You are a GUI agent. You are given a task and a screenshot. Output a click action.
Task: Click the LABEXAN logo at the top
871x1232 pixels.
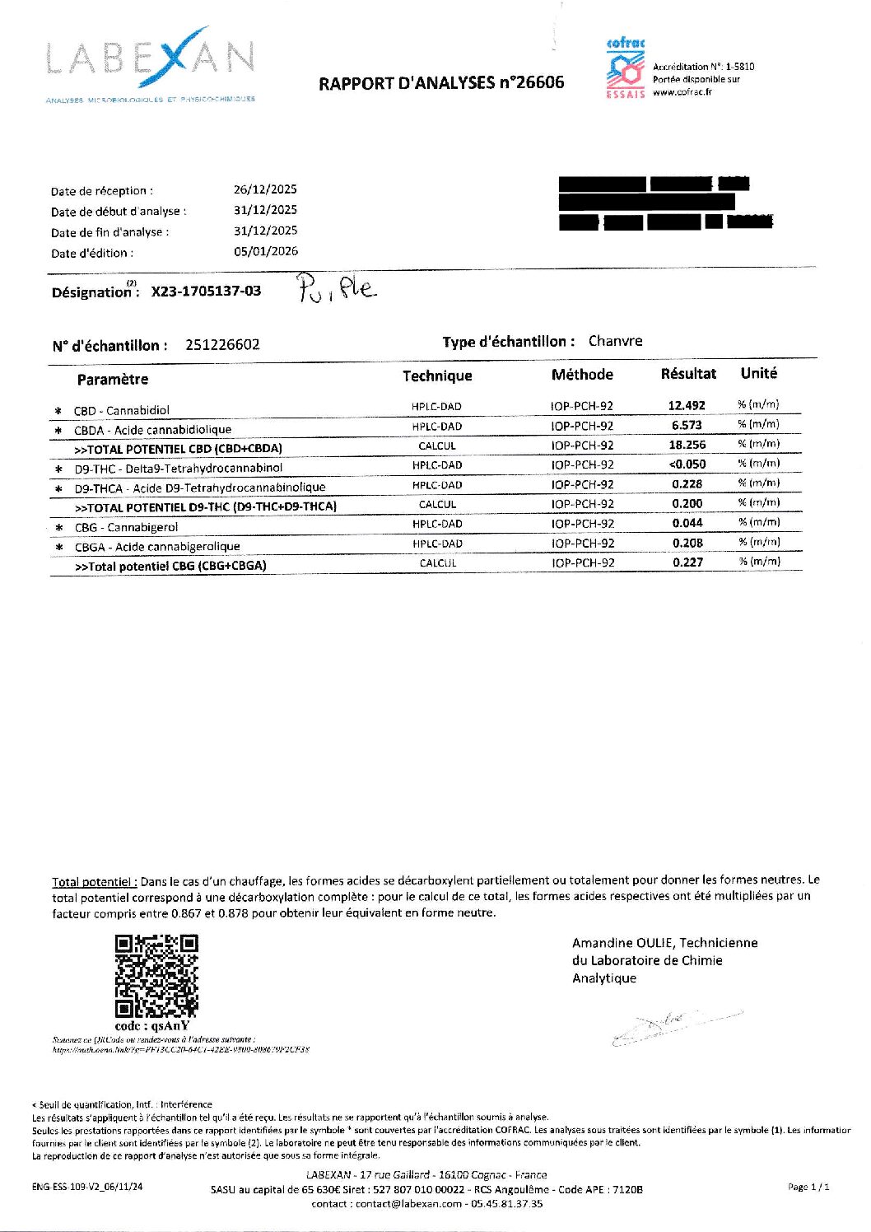(151, 63)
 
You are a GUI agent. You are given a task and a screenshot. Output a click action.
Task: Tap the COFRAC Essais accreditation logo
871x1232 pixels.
(625, 68)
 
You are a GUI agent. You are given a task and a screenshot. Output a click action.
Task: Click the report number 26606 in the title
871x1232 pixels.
(538, 82)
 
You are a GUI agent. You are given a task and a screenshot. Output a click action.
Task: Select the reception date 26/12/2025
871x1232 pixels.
(265, 189)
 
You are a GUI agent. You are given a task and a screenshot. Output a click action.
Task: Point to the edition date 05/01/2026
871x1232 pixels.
(265, 251)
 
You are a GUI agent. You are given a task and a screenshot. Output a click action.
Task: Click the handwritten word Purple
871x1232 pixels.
(336, 288)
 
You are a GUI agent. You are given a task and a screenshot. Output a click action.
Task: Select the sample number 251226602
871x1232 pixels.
(222, 345)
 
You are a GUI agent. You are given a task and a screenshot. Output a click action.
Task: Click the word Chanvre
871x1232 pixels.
(615, 341)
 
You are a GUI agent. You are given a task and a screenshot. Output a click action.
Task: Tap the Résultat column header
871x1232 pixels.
(688, 374)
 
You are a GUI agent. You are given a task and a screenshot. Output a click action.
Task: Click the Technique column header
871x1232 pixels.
(437, 376)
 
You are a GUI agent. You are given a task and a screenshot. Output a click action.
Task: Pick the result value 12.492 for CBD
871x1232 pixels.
(687, 406)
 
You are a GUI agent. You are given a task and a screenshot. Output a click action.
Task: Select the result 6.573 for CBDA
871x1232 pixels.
(687, 426)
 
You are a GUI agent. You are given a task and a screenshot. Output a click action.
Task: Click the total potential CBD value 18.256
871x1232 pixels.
(687, 445)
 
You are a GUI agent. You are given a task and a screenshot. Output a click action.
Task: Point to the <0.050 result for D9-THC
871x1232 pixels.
(687, 464)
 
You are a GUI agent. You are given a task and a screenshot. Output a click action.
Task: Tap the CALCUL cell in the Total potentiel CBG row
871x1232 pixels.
(437, 563)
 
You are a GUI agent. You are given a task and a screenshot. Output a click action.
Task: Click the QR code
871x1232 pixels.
(156, 976)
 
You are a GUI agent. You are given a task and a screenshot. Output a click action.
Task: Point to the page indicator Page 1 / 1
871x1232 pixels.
(808, 1187)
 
